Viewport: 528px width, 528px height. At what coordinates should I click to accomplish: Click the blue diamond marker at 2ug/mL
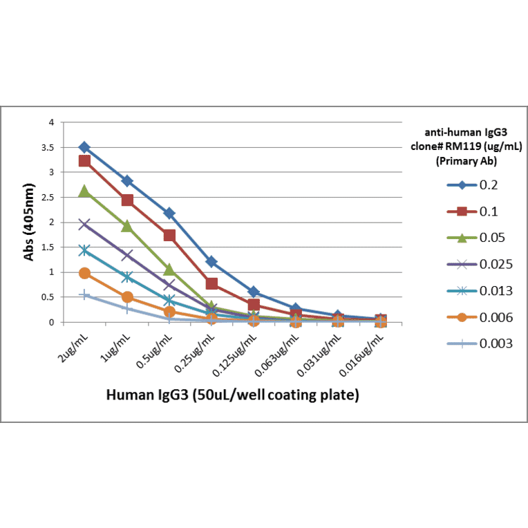click(84, 147)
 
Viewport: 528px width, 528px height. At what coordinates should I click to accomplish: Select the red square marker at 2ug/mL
click(84, 161)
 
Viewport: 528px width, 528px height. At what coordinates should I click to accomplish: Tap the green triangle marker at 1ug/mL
click(127, 226)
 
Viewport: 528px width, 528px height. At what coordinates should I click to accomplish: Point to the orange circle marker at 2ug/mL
click(84, 273)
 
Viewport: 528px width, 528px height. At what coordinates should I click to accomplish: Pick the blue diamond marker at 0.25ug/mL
click(211, 262)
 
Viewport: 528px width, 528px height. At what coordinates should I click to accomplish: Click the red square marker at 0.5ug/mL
click(169, 236)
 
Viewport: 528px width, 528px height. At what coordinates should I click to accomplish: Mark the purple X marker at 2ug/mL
click(84, 224)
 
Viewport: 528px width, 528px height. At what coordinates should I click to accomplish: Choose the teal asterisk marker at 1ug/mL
click(127, 277)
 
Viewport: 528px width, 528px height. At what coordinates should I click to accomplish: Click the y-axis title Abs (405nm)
click(30, 223)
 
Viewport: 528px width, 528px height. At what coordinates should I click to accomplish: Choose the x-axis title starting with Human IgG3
click(232, 395)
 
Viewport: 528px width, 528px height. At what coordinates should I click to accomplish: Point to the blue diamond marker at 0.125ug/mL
click(254, 292)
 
